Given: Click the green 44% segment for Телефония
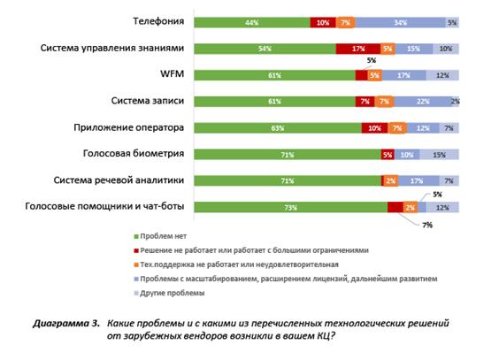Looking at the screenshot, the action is coord(252,23).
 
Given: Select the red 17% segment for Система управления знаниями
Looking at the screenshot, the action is coord(358,49).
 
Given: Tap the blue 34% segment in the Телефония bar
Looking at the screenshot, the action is coord(400,23).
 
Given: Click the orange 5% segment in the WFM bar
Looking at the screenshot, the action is coord(375,75).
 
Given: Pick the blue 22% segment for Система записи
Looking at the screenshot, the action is coord(422,102).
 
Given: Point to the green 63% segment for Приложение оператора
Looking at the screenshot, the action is coord(278,128).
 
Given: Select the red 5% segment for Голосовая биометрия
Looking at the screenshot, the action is coord(388,155).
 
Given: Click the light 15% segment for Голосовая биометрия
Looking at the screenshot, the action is coord(439,155).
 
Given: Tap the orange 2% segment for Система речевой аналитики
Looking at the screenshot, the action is coord(391,181).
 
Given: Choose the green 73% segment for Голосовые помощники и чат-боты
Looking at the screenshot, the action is coord(291,207).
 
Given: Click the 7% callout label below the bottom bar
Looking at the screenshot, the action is coord(427,226).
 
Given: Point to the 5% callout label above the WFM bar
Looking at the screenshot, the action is coord(372,60).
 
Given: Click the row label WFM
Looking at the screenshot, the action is coord(173,73).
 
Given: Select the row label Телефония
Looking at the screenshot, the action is coord(158,21).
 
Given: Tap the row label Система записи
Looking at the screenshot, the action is coord(148,101).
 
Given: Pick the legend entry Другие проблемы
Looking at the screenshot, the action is coord(169,293).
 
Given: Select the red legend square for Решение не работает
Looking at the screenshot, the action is coord(136,250).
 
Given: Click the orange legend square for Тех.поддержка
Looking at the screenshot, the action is coord(136,264).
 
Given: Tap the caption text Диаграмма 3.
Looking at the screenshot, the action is coord(66,324).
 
